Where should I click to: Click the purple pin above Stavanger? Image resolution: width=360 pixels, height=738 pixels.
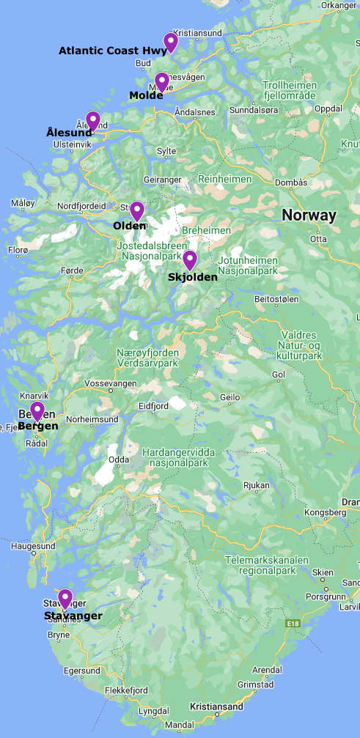(65, 598)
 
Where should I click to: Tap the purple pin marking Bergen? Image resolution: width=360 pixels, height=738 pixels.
(37, 410)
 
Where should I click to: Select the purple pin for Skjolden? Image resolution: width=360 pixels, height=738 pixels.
(190, 259)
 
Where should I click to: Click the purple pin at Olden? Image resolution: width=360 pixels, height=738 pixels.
(136, 210)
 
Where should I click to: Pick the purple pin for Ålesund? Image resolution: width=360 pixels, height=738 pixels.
(92, 119)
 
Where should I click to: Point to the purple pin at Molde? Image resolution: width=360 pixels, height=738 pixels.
(162, 81)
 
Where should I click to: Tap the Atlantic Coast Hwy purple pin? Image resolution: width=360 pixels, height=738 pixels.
(171, 42)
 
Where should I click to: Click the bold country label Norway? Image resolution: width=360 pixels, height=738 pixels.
(309, 215)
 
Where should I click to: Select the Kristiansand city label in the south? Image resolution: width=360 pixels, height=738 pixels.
(216, 706)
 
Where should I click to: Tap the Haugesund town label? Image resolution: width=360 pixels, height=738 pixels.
(33, 546)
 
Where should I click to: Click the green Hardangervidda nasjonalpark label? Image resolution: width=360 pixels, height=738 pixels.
(179, 457)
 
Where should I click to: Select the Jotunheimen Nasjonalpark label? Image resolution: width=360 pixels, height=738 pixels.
(248, 265)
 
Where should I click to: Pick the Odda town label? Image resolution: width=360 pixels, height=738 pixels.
(119, 460)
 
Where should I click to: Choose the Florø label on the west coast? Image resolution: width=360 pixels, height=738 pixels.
(18, 250)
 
